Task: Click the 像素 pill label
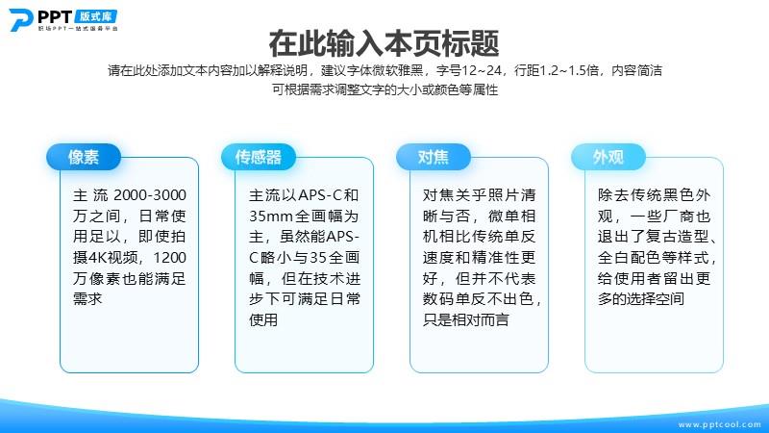(84, 157)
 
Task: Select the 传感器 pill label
(259, 157)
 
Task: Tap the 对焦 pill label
(434, 157)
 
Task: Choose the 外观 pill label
(608, 157)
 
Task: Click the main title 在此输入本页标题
(384, 43)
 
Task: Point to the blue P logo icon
(20, 19)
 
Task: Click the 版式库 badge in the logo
(96, 16)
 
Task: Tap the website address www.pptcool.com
(719, 424)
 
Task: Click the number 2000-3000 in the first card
(150, 195)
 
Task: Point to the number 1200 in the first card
(170, 257)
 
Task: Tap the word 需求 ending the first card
(87, 298)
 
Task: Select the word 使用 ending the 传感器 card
(263, 319)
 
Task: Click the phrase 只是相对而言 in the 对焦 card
(466, 319)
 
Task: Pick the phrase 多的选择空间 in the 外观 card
(641, 298)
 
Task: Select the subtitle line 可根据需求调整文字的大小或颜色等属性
(385, 89)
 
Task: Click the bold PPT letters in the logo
(55, 16)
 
